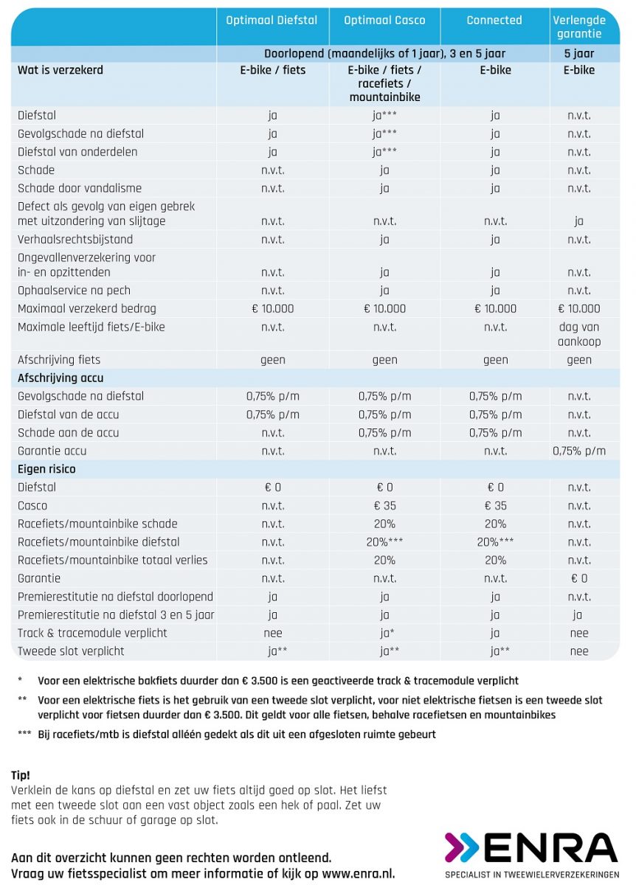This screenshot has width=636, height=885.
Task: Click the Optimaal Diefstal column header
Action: pos(272,20)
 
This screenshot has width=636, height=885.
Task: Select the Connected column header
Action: pos(494,20)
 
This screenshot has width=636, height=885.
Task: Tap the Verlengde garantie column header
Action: pos(579,27)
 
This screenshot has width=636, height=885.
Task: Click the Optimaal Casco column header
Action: pos(384,20)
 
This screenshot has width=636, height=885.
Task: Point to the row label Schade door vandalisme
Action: pos(80,188)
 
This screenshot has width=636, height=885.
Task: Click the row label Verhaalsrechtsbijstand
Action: pos(75,240)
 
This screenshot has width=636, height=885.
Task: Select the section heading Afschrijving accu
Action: pos(61,378)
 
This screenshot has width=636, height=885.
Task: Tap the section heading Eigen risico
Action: pos(46,469)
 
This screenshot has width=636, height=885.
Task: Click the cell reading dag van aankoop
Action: pos(579,334)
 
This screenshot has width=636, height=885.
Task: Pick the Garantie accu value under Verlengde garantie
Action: pos(579,451)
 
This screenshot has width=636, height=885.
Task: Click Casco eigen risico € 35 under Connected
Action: pos(495,506)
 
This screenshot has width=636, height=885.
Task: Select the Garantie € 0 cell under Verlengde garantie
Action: pos(579,578)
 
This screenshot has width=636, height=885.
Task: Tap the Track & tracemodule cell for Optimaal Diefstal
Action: pos(273,634)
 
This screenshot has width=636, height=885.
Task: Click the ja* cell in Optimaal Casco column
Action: pos(387,634)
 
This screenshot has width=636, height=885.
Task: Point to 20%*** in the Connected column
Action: pos(495,542)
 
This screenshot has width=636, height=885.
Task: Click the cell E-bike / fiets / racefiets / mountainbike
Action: pos(384,83)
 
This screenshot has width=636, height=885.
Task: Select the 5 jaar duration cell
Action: pos(579,53)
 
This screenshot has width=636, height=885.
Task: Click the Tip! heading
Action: pos(21,776)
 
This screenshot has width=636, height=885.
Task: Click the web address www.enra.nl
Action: pos(358,873)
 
